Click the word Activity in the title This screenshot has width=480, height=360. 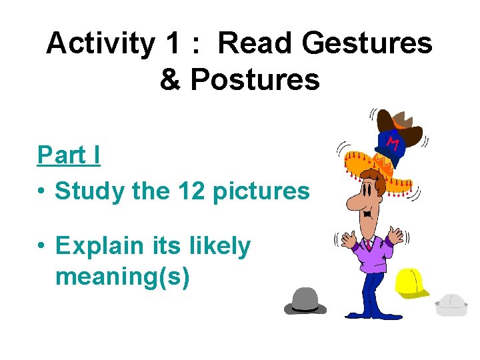[x=101, y=45]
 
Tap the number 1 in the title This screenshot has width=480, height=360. [x=173, y=45]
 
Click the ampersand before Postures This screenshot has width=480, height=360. [x=170, y=80]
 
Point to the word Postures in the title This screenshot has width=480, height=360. [x=255, y=80]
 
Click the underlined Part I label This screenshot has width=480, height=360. [x=69, y=155]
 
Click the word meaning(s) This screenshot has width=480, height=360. [x=123, y=275]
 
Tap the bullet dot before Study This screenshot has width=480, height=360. [x=42, y=192]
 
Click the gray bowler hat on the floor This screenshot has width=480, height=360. [x=305, y=301]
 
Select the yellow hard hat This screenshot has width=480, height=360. [x=411, y=282]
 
